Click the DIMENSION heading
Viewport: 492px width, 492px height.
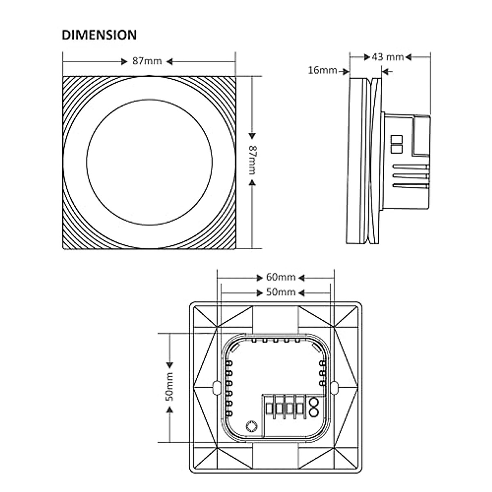point(99,35)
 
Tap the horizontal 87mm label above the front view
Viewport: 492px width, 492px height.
point(147,61)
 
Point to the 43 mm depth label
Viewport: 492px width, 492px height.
point(387,57)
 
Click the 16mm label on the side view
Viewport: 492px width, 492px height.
point(322,71)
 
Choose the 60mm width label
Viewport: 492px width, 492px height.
point(281,278)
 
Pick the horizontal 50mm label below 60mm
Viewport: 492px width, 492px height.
point(281,292)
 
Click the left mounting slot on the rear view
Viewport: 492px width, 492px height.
point(216,387)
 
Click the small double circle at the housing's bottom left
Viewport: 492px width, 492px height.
point(251,425)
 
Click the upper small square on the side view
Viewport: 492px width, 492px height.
point(396,139)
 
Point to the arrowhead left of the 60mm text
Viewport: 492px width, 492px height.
point(260,278)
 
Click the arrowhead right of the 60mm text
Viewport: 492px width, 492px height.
point(301,278)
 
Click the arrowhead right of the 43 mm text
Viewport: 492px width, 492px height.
point(408,57)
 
